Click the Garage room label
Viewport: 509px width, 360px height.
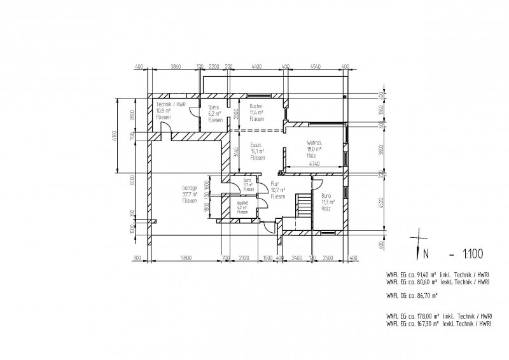point(188,189)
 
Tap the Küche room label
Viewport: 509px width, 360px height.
point(255,106)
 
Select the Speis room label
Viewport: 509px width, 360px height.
point(214,107)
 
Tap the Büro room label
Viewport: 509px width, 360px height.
point(326,197)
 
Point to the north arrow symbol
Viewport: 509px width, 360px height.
point(417,244)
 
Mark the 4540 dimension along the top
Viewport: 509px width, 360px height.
point(316,66)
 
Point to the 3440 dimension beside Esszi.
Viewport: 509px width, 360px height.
point(235,151)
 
